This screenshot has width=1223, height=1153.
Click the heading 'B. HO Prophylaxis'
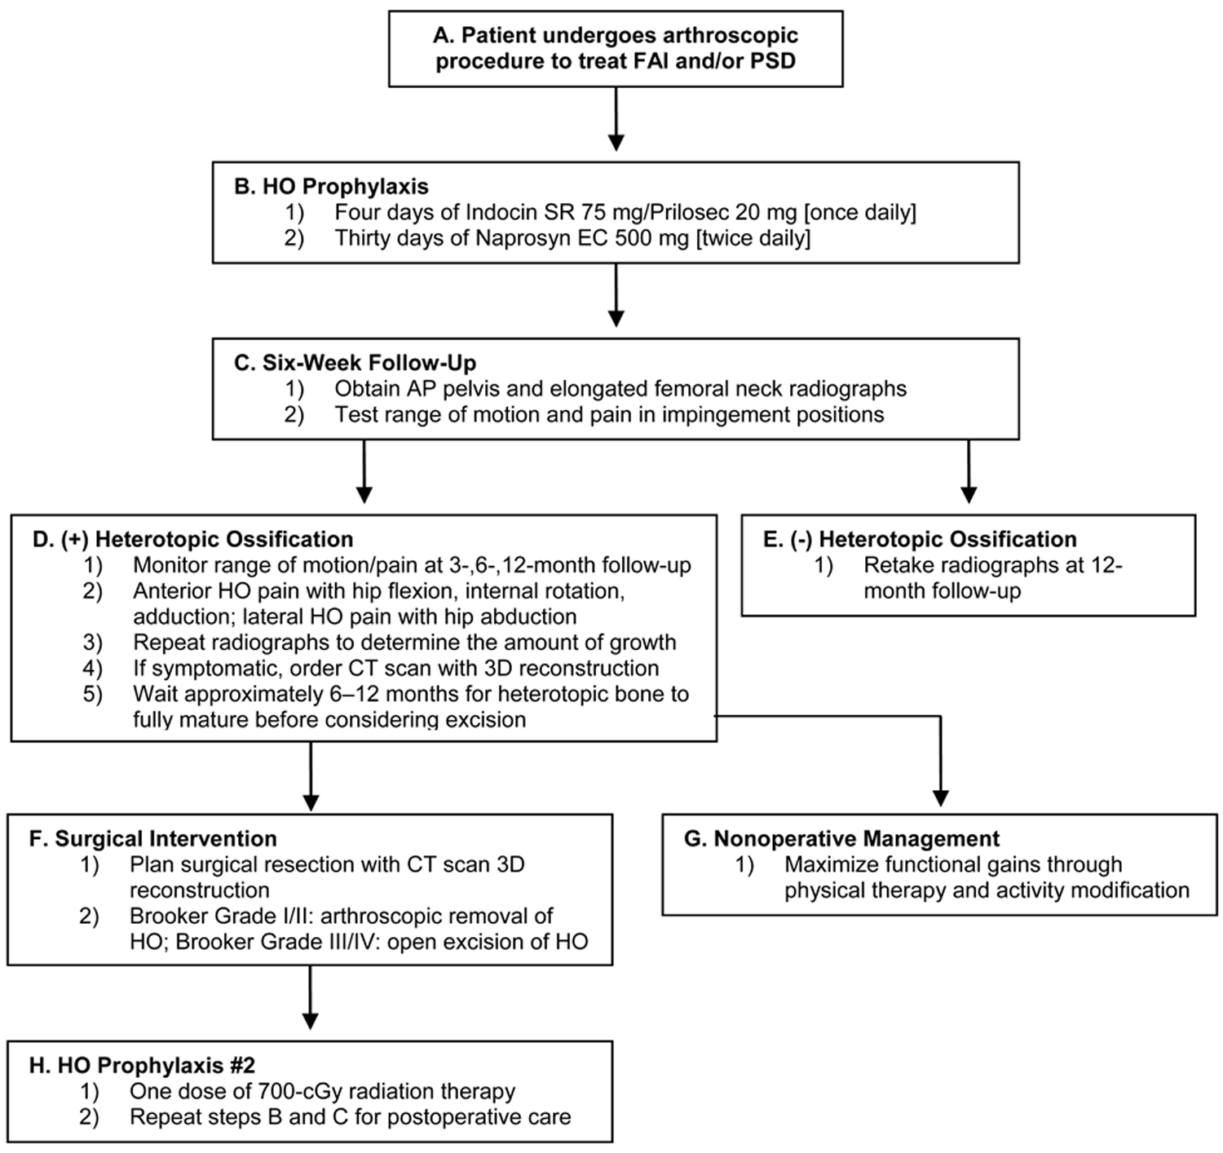point(331,186)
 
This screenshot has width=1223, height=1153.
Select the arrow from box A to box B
point(616,118)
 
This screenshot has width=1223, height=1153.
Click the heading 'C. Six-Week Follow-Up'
point(355,363)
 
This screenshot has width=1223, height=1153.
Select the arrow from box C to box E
point(969,471)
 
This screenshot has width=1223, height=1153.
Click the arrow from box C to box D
point(364,471)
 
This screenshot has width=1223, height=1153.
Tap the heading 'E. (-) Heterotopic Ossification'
point(920,539)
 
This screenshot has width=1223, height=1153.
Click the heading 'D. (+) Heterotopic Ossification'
point(192,539)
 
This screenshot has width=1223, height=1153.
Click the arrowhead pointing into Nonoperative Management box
point(940,797)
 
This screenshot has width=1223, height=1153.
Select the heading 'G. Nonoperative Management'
point(841,838)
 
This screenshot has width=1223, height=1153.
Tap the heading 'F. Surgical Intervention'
point(153,838)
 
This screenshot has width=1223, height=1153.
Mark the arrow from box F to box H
point(311,997)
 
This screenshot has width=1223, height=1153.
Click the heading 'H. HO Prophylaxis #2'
point(142,1065)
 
